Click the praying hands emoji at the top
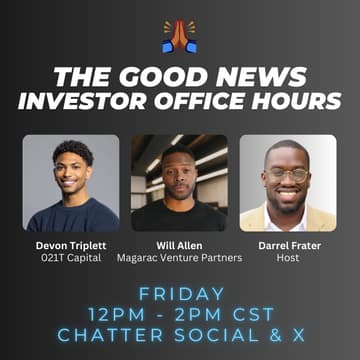click(180, 36)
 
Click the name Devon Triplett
click(71, 244)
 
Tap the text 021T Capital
click(71, 257)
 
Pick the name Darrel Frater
click(288, 244)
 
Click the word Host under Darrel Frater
click(288, 257)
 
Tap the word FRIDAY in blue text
click(180, 295)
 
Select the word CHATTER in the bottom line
click(100, 338)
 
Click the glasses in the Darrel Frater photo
click(287, 175)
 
